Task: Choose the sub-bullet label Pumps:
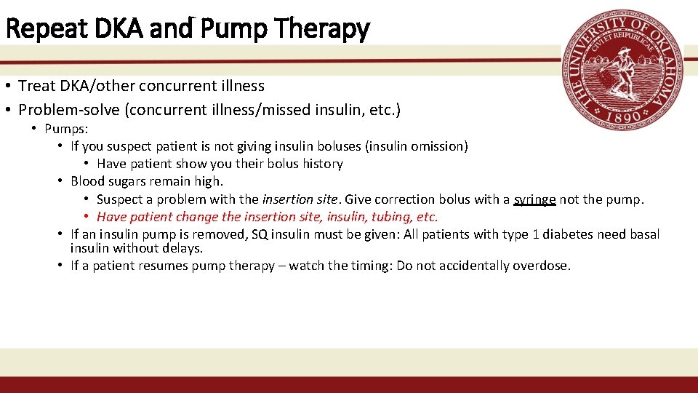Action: click(x=66, y=129)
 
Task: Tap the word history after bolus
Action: click(x=322, y=164)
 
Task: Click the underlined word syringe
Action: click(x=534, y=199)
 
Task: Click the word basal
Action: click(x=643, y=234)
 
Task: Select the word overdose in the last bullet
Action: click(x=542, y=266)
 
